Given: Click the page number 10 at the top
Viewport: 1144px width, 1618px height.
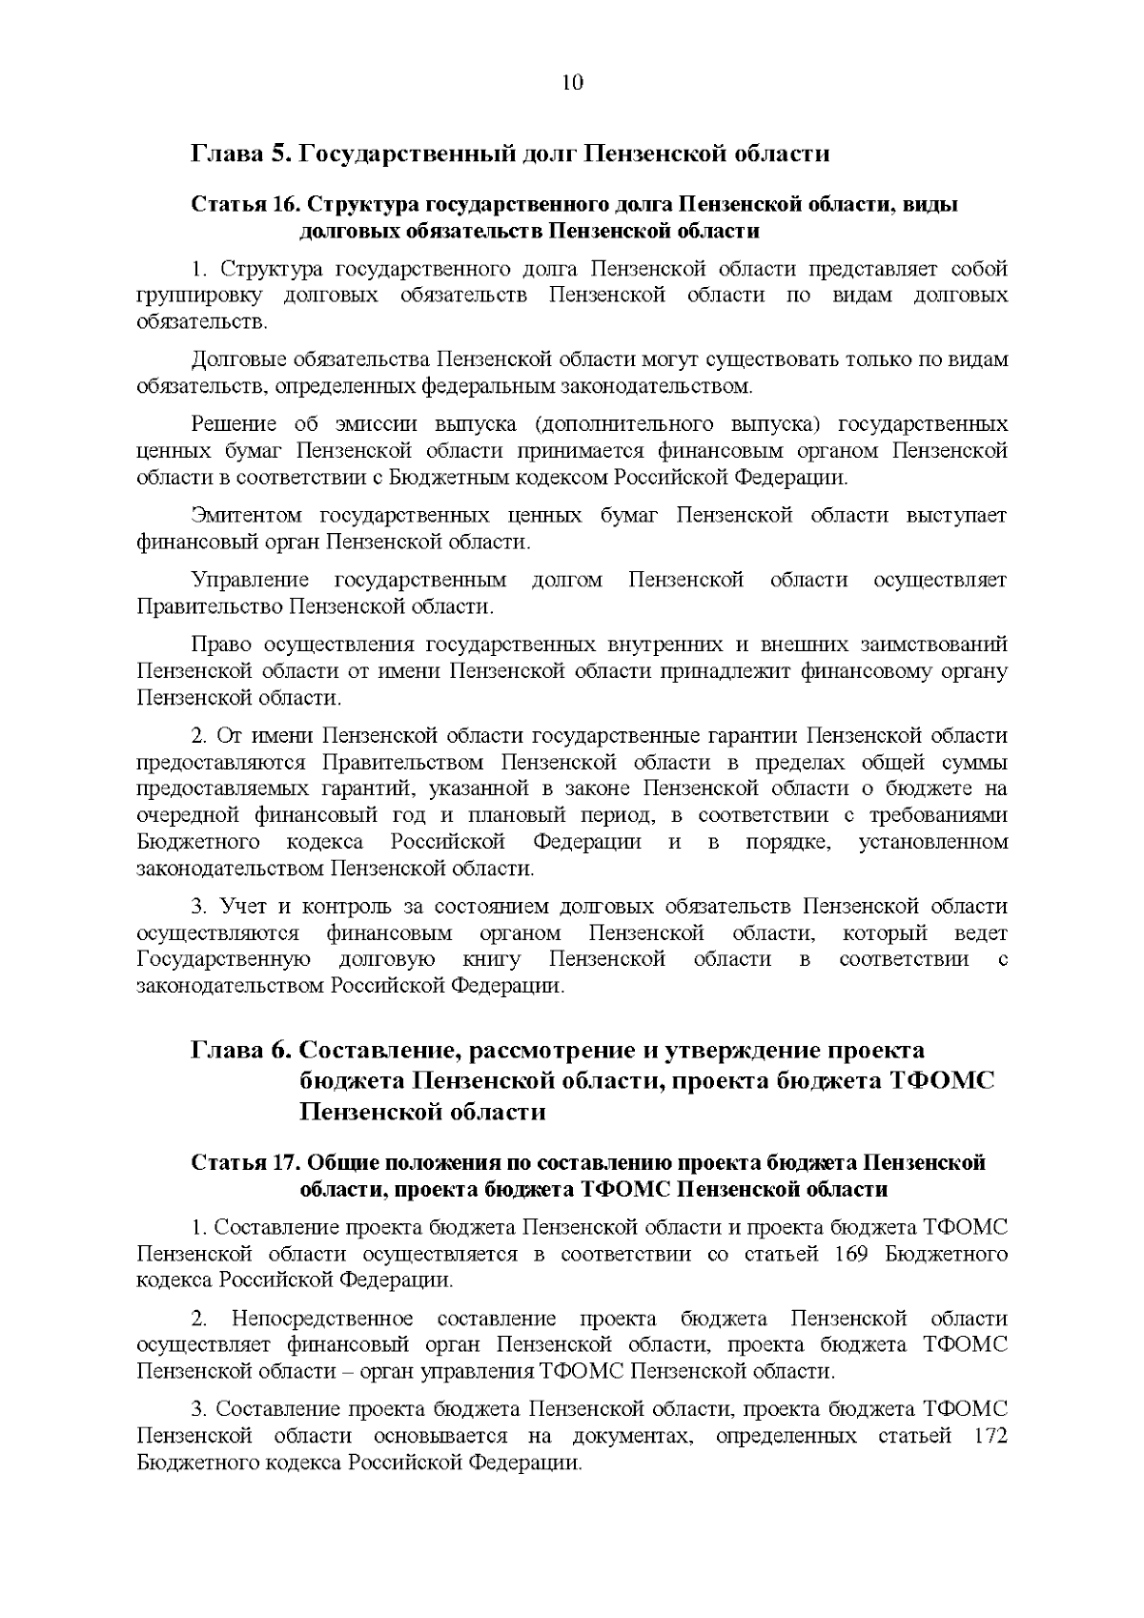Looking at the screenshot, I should [572, 82].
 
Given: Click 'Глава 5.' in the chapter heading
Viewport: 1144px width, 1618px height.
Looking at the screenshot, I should [238, 154].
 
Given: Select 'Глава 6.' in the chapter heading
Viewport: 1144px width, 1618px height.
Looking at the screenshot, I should [238, 1050].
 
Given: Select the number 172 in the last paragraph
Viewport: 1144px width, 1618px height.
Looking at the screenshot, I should [985, 1436].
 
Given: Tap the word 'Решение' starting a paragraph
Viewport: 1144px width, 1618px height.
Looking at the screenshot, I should [235, 423].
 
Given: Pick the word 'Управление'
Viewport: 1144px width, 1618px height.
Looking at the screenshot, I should [251, 580].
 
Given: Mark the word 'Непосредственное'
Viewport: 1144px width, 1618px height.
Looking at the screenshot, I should [322, 1319].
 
